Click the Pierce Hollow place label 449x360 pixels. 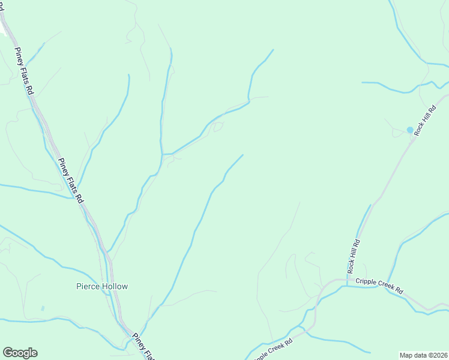click(102, 286)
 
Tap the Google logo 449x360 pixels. click(20, 353)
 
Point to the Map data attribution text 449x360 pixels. click(423, 355)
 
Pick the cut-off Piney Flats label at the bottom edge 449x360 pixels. click(143, 347)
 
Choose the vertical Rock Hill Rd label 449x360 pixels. click(354, 255)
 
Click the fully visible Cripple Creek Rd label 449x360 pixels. click(379, 285)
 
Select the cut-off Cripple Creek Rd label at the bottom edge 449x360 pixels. click(273, 351)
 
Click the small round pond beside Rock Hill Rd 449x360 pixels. click(410, 130)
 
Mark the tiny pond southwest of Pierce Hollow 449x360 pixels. click(43, 308)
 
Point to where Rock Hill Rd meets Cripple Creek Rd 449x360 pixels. click(347, 280)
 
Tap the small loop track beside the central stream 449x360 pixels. click(218, 127)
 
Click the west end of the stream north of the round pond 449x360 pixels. click(362, 82)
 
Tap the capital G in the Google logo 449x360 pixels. click(8, 353)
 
